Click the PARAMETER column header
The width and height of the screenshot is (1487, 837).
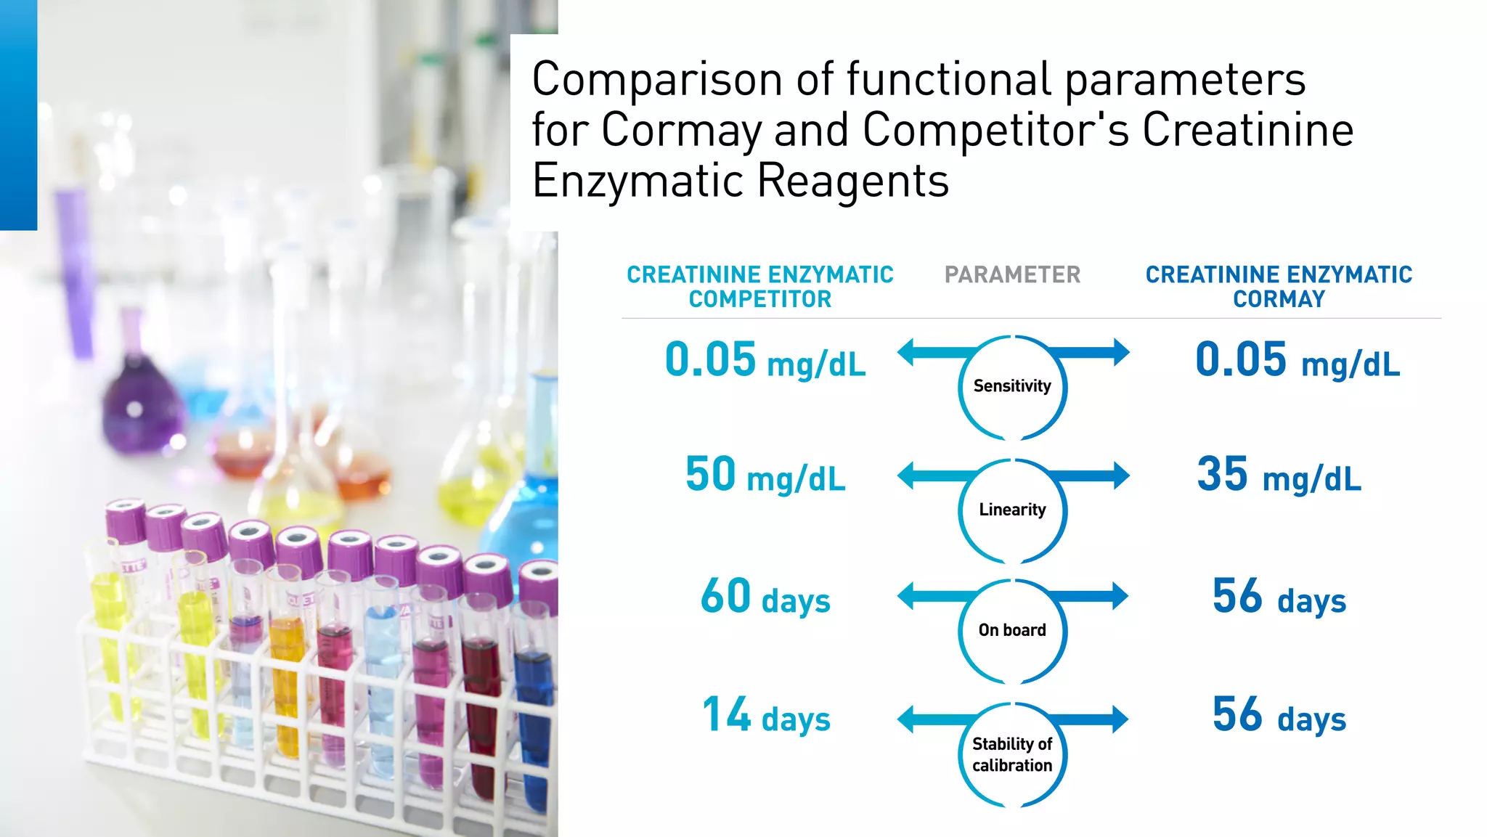click(1012, 275)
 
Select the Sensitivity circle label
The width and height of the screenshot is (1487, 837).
click(1012, 386)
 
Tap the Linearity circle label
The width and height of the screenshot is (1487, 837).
click(1012, 510)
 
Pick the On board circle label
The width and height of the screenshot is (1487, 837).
click(1012, 630)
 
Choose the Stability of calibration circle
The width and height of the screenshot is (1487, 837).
click(1012, 754)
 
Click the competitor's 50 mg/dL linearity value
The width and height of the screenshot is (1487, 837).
click(765, 475)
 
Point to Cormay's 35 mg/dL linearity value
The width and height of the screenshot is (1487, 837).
click(1279, 475)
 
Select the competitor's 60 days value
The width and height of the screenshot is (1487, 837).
click(765, 597)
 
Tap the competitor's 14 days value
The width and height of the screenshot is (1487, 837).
click(765, 716)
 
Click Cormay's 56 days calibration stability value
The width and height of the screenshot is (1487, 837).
click(1279, 716)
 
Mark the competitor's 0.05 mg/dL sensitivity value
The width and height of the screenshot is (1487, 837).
click(765, 361)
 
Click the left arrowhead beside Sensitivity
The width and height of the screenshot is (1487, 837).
click(905, 353)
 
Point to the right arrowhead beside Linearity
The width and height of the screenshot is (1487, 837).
click(1122, 476)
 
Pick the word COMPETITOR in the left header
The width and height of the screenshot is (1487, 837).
click(759, 299)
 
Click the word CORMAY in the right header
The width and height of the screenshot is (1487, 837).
click(1279, 299)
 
